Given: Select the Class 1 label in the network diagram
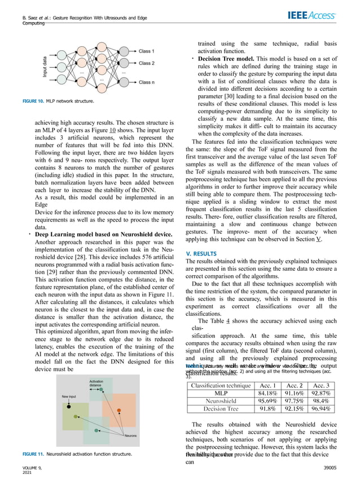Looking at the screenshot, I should coord(148,51).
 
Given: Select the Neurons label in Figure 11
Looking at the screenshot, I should coord(130,436).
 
